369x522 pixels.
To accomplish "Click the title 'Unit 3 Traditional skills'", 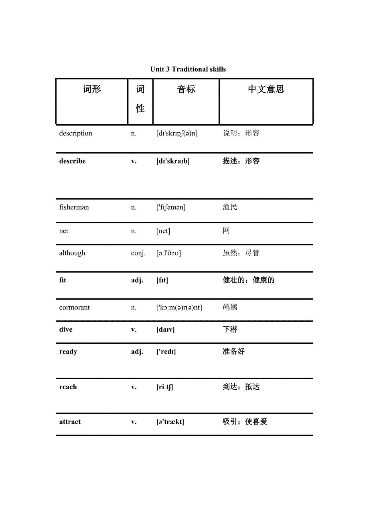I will click(188, 69).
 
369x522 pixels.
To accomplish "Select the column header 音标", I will click(186, 89).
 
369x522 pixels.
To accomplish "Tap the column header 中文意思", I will click(266, 89).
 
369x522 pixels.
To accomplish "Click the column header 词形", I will click(92, 89).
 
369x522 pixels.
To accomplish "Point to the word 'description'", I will click(75, 134).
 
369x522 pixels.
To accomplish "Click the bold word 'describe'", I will click(72, 161).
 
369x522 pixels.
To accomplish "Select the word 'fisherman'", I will click(74, 207).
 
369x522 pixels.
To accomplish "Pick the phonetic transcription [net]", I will click(163, 231).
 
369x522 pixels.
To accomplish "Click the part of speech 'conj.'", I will click(138, 253).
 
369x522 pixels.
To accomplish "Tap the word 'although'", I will click(72, 253).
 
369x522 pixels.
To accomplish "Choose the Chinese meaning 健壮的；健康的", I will click(248, 280).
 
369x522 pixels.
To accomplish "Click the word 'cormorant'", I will click(75, 308).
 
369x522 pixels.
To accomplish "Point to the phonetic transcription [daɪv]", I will click(165, 330).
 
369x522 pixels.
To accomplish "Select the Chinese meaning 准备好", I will click(233, 352).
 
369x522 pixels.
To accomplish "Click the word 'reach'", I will click(68, 387).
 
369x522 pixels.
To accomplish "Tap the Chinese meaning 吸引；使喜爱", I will click(245, 422).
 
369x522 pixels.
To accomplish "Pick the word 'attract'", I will click(70, 422).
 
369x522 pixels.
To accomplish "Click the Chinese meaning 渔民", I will click(230, 207).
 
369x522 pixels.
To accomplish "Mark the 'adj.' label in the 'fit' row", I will click(137, 280).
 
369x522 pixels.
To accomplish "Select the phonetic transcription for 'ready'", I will click(166, 352).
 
